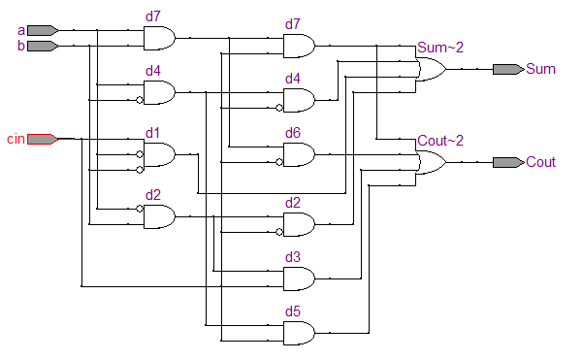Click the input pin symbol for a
tap(43, 30)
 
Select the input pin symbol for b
tap(43, 46)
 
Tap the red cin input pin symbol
tap(42, 139)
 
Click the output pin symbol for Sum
tap(507, 69)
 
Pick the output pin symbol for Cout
tap(507, 162)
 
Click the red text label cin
tap(15, 139)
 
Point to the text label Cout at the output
tap(540, 162)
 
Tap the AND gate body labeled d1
tap(159, 154)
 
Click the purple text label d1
tap(153, 132)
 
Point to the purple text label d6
tap(293, 132)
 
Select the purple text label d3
tap(293, 257)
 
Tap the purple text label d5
tap(293, 311)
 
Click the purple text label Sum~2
tap(440, 48)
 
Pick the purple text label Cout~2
tap(440, 141)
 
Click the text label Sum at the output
tap(539, 69)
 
